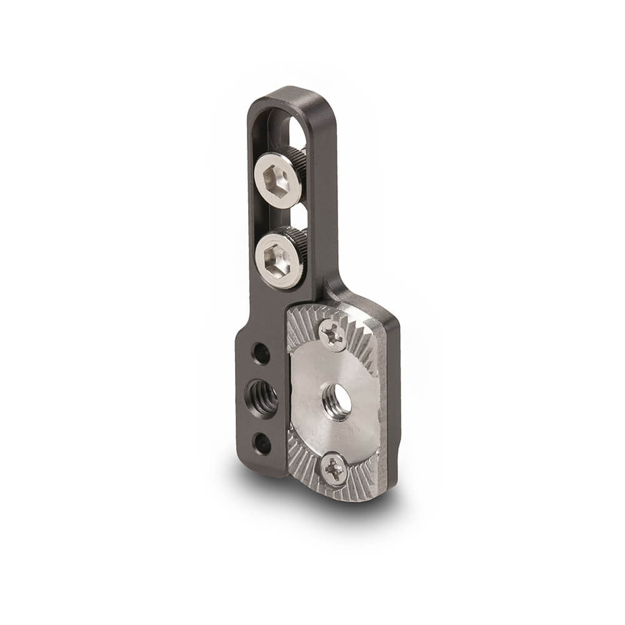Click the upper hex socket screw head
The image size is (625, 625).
coord(278,181)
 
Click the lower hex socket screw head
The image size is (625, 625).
coord(279,257)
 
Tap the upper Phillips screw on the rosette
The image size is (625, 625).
coord(333,335)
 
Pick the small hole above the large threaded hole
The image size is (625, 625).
coord(261,353)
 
